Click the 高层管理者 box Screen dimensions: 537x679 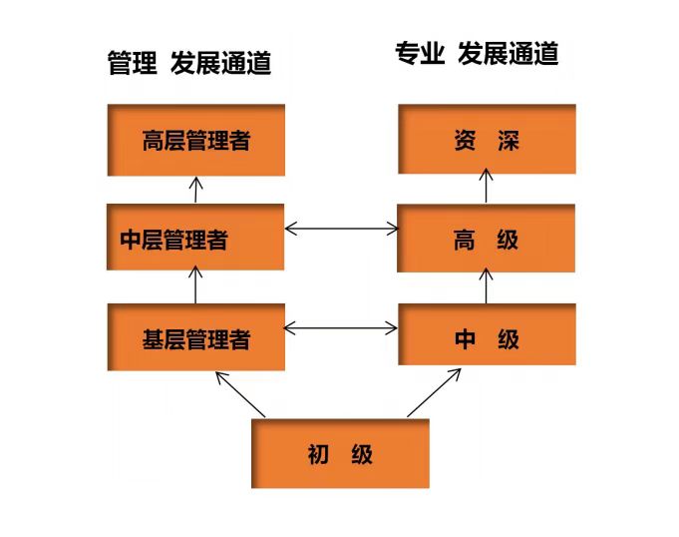coord(195,139)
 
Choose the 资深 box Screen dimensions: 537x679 coord(486,139)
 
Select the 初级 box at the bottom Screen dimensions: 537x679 coord(340,454)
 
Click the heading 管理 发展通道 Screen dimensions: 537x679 coord(189,64)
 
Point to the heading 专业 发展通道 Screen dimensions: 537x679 coord(477,54)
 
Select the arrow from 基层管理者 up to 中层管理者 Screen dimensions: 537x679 coord(196,286)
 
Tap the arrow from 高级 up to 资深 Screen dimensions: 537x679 coord(488,187)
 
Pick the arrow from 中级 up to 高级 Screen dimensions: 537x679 coord(488,285)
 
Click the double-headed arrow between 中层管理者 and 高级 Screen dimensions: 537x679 coord(341,230)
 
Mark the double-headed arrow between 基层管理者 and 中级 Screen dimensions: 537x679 coord(341,326)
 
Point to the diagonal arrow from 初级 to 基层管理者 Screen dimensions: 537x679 coord(240,394)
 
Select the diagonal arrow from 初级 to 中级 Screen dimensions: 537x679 coord(434,393)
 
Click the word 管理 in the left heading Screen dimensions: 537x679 coord(133,64)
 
